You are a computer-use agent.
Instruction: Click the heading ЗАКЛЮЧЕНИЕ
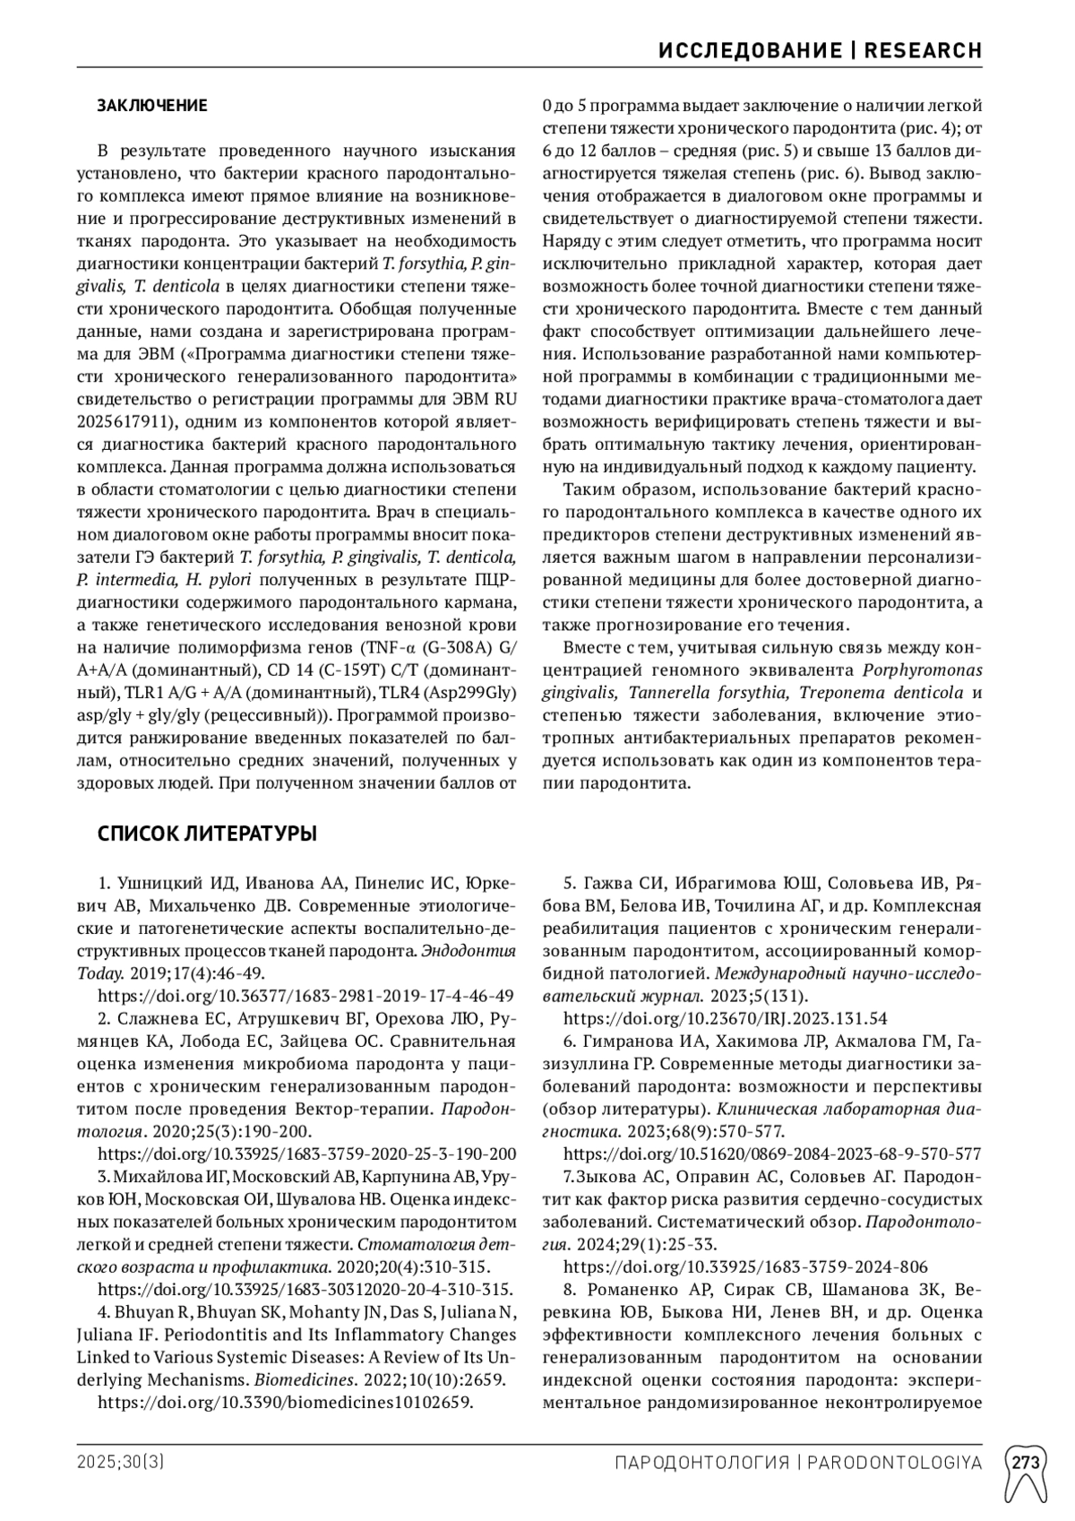(151, 106)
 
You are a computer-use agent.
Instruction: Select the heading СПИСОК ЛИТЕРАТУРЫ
(206, 834)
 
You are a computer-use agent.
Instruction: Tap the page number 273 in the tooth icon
(1026, 1463)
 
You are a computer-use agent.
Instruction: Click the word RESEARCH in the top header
(923, 51)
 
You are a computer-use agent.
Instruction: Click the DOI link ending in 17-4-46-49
(305, 995)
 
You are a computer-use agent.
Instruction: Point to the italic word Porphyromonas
(922, 670)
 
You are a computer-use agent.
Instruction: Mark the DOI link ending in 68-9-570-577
(771, 1154)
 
